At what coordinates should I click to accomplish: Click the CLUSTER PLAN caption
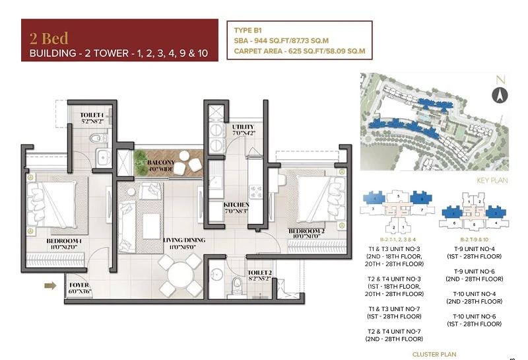(x=434, y=354)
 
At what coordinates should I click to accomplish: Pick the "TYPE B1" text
(x=249, y=30)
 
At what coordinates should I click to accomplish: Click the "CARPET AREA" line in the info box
(x=299, y=51)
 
